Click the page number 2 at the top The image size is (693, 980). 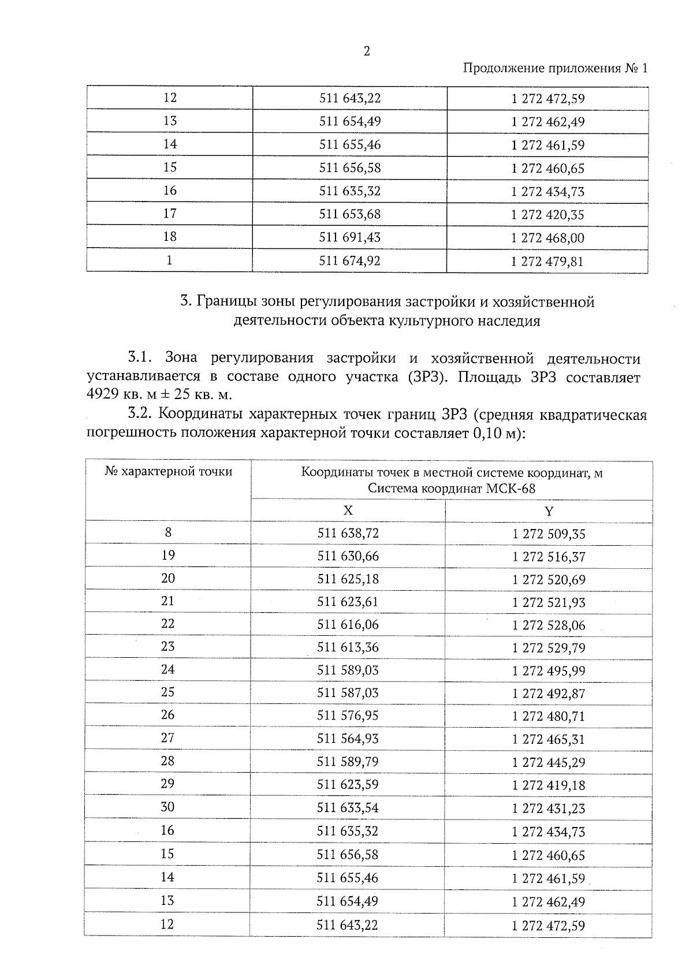pos(366,52)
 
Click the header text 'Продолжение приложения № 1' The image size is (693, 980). pos(556,69)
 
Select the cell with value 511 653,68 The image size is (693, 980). pos(350,214)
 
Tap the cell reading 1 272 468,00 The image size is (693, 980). pos(547,238)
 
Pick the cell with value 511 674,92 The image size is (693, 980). pos(350,261)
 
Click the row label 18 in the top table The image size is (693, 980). pos(170,237)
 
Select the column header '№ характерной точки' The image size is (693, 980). pos(169,472)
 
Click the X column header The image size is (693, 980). pos(348,511)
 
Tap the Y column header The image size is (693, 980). pos(549,511)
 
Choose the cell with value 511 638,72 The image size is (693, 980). pos(348,533)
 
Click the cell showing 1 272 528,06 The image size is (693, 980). pos(549,625)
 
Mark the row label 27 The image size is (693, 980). pos(167,738)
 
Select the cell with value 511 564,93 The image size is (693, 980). pos(348,739)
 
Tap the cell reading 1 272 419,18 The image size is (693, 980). pos(549,785)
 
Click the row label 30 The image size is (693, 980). pos(167,807)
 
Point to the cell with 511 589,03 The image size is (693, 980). pos(348,670)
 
